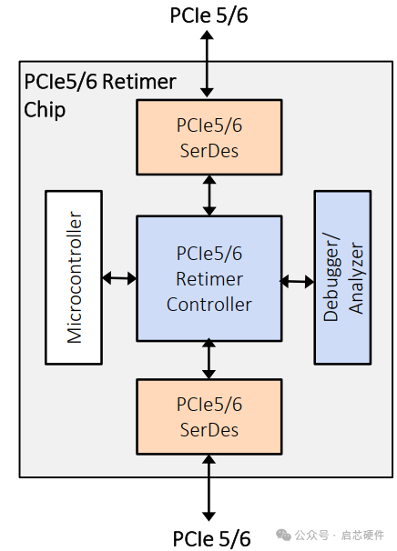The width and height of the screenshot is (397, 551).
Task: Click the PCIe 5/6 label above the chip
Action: (209, 15)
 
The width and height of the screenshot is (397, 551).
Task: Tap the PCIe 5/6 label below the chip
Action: (211, 538)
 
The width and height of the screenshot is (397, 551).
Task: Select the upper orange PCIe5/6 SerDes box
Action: (209, 137)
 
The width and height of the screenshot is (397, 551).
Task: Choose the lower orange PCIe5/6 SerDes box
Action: (209, 416)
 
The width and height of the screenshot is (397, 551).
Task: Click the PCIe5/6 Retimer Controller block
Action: (209, 278)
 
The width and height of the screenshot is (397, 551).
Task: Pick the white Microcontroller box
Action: (74, 277)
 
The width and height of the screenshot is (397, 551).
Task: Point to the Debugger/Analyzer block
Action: (342, 277)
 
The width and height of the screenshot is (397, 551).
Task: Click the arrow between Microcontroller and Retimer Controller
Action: (119, 278)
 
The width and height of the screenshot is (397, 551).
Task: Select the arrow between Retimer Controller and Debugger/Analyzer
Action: (297, 281)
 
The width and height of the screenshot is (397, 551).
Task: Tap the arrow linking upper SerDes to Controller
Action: (209, 195)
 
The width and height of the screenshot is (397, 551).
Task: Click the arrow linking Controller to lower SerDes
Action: (209, 359)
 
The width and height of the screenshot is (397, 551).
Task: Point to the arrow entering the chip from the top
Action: (207, 64)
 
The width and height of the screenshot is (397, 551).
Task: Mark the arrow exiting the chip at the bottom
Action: (209, 487)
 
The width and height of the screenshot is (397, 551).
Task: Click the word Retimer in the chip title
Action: (139, 82)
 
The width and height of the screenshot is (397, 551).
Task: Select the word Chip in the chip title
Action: (45, 110)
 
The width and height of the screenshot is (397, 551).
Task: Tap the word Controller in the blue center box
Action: (209, 305)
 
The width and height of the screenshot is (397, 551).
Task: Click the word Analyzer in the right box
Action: (356, 278)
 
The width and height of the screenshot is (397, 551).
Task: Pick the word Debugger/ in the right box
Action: (331, 277)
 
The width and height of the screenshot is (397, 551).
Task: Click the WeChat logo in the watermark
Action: (283, 536)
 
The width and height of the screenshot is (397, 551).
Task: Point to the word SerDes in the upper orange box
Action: (209, 151)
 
